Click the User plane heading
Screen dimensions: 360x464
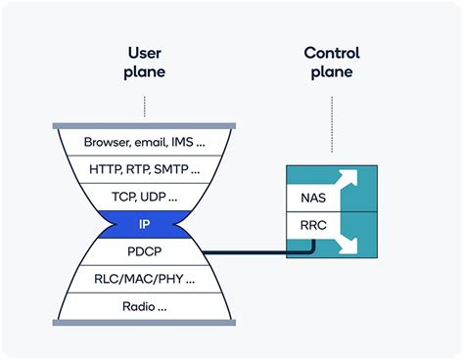144,62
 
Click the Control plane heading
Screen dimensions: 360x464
332,62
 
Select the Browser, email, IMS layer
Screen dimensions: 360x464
144,142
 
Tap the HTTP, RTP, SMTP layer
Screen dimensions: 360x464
144,169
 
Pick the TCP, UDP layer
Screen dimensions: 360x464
144,197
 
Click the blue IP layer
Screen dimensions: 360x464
144,224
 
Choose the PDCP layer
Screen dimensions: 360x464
144,251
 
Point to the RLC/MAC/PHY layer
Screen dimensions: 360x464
144,279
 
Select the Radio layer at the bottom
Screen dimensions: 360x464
144,306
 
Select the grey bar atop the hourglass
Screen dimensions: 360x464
144,126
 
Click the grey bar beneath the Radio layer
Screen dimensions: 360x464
144,322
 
